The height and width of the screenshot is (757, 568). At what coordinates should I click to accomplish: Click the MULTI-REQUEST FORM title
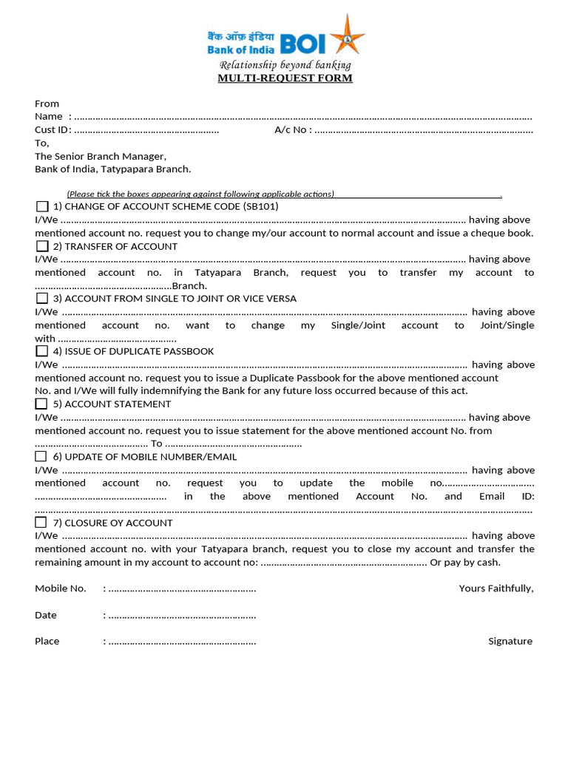285,78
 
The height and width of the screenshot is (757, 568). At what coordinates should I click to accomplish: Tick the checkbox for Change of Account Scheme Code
42,206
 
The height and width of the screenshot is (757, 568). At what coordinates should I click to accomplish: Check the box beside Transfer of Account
42,246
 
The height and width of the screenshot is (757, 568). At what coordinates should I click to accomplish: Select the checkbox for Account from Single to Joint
42,299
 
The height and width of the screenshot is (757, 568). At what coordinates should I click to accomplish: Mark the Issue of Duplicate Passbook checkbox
42,351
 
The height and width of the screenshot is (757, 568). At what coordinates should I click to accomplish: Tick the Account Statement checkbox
42,404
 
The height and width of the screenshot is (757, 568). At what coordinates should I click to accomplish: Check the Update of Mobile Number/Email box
42,456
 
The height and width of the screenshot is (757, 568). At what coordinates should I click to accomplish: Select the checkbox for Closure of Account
42,523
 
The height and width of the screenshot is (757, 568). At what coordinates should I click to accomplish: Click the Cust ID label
52,130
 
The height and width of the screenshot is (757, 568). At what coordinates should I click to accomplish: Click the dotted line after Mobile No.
182,589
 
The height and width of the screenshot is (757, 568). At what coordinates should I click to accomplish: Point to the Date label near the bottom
46,615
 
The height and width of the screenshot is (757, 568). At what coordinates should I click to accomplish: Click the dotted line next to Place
182,642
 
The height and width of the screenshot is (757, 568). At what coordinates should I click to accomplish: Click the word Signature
510,642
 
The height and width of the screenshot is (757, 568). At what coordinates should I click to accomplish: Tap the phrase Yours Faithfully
496,588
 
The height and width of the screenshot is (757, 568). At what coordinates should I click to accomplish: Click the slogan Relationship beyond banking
285,65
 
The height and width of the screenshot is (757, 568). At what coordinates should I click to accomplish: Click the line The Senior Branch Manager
101,156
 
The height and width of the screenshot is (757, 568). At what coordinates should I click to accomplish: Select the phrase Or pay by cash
465,562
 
